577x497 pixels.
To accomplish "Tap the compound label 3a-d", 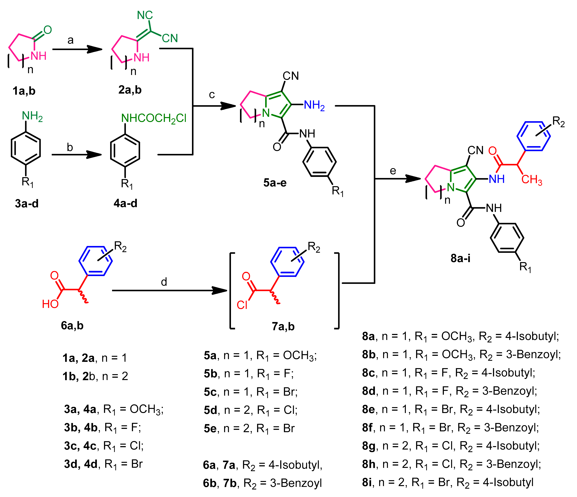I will pyautogui.click(x=27, y=204).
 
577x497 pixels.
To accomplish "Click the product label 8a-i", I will pyautogui.click(x=460, y=258).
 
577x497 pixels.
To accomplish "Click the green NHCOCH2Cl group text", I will pyautogui.click(x=154, y=118).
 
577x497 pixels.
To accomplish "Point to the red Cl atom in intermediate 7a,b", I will pyautogui.click(x=242, y=305).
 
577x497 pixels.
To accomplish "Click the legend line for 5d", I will pyautogui.click(x=251, y=410).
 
